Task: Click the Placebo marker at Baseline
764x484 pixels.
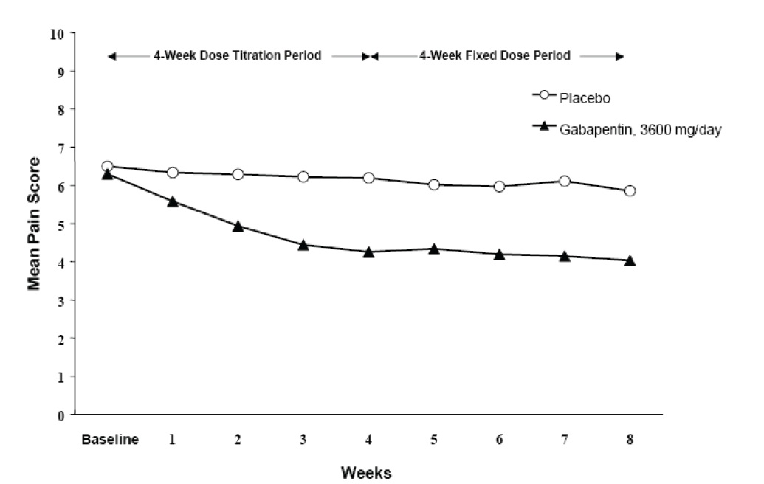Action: (107, 167)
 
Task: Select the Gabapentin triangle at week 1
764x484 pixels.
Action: (173, 201)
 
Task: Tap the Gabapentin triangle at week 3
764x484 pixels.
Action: (303, 244)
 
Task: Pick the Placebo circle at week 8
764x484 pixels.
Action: (630, 190)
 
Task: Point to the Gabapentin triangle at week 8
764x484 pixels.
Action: (630, 260)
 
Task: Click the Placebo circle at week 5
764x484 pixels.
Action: (434, 184)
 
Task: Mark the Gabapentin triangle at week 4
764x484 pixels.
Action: (368, 252)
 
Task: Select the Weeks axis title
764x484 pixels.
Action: (366, 472)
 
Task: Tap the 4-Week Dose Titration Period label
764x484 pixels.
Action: (237, 55)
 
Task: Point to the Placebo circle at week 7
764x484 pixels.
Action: (565, 181)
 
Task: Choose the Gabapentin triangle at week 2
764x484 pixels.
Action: (238, 226)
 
